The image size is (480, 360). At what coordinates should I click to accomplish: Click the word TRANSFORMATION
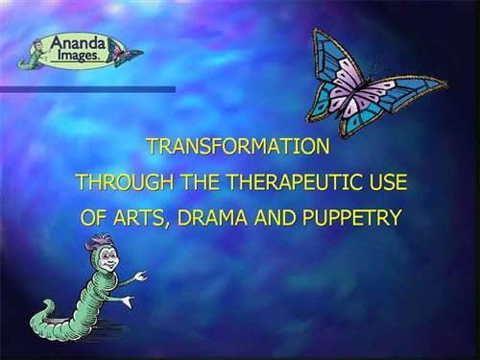click(x=239, y=146)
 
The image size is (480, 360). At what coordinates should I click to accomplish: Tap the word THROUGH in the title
click(x=126, y=182)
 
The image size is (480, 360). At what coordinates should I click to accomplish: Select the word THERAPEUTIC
click(x=293, y=182)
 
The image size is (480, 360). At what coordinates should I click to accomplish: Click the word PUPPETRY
click(x=351, y=218)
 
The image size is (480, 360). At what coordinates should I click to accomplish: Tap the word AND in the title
click(x=275, y=218)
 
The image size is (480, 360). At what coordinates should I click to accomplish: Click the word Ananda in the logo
click(x=78, y=43)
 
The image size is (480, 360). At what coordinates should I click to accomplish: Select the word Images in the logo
click(x=78, y=56)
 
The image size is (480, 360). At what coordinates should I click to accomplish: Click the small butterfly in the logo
click(x=126, y=54)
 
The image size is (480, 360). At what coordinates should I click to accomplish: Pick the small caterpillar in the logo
click(x=32, y=54)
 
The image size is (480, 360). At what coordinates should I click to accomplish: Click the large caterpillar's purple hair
click(x=100, y=243)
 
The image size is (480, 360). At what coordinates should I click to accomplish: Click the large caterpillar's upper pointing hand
click(x=140, y=276)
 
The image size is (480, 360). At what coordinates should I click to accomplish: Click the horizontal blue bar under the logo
click(x=87, y=89)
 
